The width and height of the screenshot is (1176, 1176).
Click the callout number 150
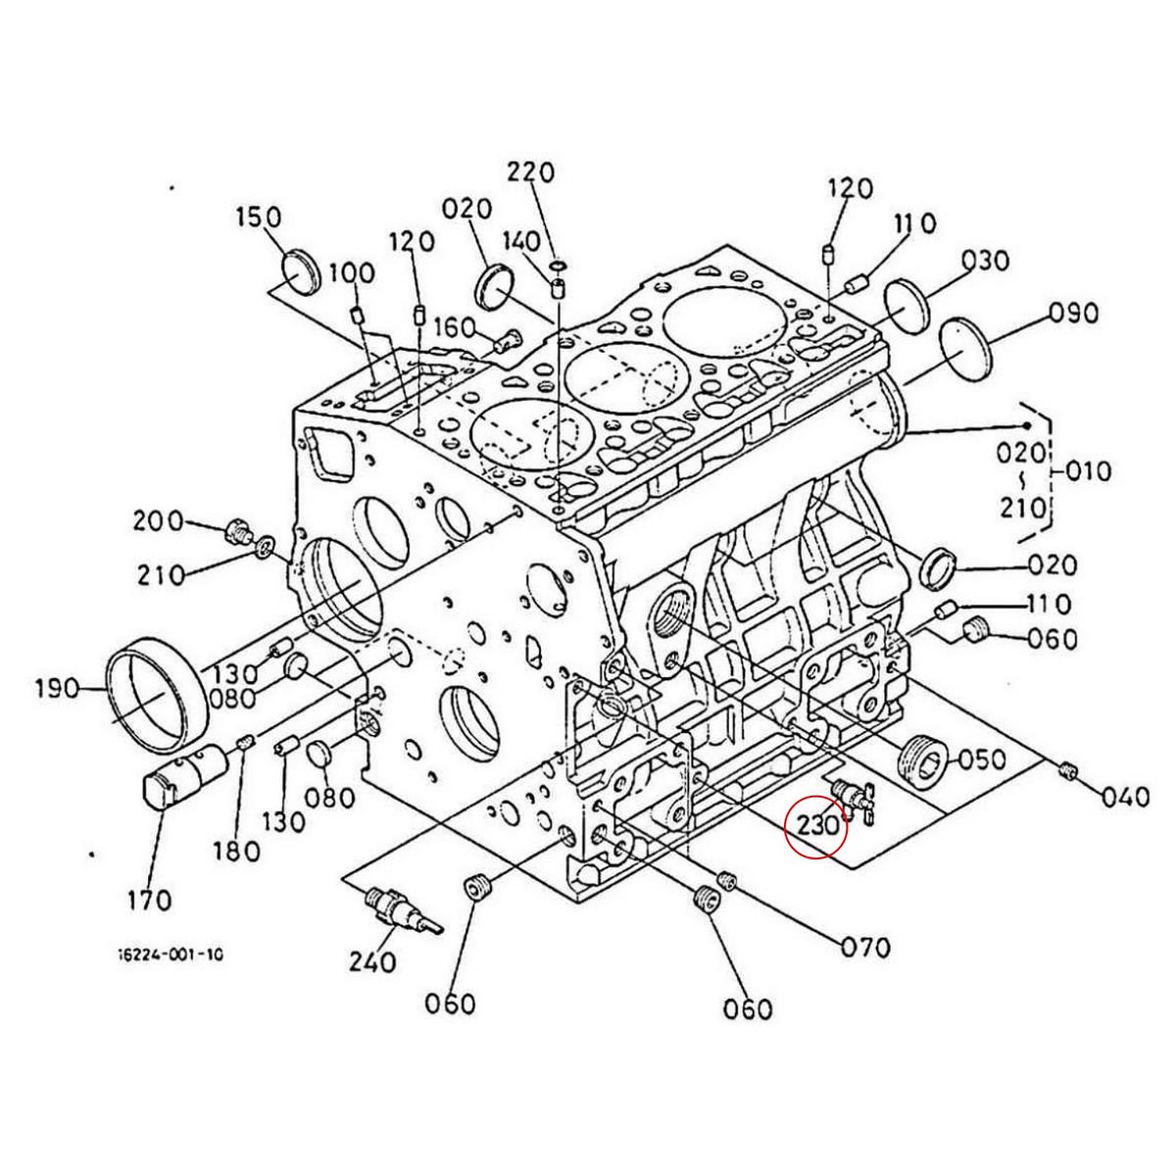(260, 218)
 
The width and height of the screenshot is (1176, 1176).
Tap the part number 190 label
(58, 689)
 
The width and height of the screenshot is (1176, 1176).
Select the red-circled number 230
(818, 826)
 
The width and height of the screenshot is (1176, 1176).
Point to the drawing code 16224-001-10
(170, 971)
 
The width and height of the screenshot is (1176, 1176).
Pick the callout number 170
(150, 901)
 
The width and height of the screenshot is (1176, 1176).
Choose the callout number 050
(982, 760)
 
